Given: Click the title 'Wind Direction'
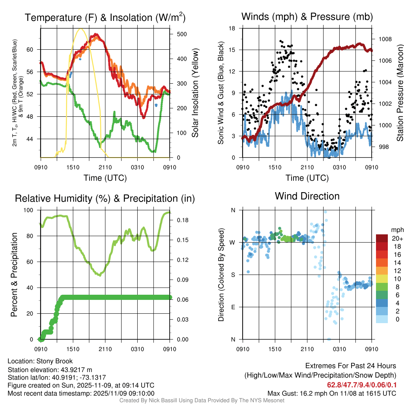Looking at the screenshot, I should point(307,196).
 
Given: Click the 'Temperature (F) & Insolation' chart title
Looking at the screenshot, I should point(105,18).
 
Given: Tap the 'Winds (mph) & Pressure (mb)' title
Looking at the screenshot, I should point(307,17).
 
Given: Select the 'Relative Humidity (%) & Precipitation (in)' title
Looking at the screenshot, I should point(105,198).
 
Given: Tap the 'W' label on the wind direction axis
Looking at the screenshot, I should point(233,242).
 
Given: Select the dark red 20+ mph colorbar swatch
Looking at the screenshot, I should point(382,238).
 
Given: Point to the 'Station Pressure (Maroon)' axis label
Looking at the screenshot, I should point(400,93).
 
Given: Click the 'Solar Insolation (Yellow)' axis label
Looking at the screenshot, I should point(195,93).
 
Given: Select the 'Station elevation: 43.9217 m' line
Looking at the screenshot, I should point(50,369).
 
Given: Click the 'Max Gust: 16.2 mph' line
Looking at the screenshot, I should point(332,393).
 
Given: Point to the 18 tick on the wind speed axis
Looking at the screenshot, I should point(232,28).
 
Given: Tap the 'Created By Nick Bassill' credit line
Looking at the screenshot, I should point(202,400).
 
